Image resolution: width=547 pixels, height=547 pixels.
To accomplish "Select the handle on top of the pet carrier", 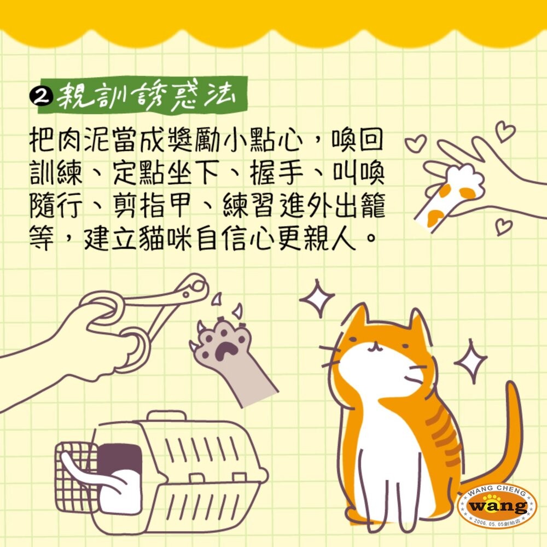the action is pos(166,417).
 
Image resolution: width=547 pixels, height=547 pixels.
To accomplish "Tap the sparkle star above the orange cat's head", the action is pos(316,298).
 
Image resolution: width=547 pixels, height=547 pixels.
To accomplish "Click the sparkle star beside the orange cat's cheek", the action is pos(471,362).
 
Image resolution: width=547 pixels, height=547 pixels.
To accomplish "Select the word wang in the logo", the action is pos(497,506).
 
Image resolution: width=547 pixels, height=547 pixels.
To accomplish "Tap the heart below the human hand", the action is pos(504,227).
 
